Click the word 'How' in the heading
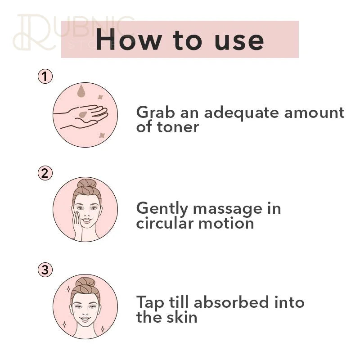[128, 40]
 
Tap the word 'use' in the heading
[239, 41]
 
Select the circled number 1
[45, 76]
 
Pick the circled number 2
[45, 173]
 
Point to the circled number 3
[45, 270]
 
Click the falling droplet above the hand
[81, 91]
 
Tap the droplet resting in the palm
[83, 115]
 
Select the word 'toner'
[178, 127]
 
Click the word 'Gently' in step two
[162, 209]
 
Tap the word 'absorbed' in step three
[231, 302]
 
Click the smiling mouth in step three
[85, 319]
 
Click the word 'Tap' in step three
[150, 303]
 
